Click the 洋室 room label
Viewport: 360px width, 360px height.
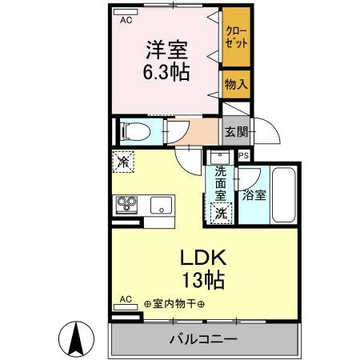(x=166, y=50)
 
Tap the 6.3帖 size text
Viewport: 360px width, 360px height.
(x=166, y=72)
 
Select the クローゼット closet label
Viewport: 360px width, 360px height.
(x=236, y=37)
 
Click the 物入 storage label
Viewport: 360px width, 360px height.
(x=236, y=84)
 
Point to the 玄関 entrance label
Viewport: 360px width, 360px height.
(x=237, y=131)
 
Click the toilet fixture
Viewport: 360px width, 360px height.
(x=135, y=131)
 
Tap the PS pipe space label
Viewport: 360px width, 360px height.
(x=244, y=155)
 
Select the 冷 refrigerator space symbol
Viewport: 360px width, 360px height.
(x=123, y=162)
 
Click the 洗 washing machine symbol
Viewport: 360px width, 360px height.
(x=221, y=213)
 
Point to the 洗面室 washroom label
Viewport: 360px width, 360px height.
(x=221, y=183)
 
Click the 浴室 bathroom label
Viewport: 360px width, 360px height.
(x=254, y=195)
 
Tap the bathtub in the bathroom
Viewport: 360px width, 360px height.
(x=284, y=194)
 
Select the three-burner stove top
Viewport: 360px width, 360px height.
(x=126, y=205)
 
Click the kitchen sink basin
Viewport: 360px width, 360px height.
(x=161, y=205)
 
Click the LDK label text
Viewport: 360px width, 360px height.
(x=203, y=258)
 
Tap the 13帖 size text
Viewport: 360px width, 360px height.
(x=203, y=280)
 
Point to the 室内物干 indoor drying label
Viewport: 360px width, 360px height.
(x=174, y=304)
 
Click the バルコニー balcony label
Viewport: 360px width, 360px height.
(x=203, y=339)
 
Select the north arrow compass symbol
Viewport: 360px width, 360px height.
(x=76, y=339)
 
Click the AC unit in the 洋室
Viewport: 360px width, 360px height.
(x=126, y=12)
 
